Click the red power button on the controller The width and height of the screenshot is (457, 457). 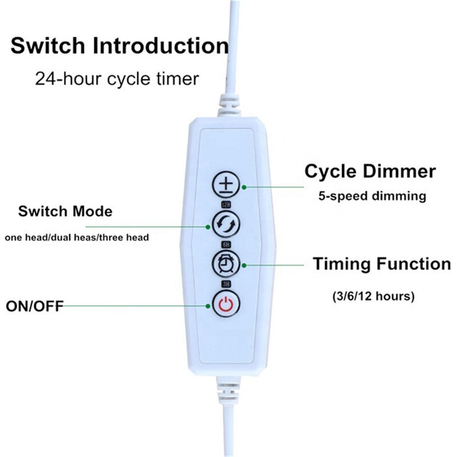click(x=226, y=304)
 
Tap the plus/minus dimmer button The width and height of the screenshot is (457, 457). click(x=226, y=185)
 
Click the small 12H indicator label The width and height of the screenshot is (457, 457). click(x=226, y=204)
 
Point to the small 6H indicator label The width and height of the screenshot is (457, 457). click(x=226, y=244)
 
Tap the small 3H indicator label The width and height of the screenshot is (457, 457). click(x=226, y=283)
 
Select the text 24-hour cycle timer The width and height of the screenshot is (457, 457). click(x=117, y=78)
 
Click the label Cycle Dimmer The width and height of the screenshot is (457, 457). click(x=370, y=171)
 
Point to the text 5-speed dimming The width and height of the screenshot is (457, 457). click(x=372, y=196)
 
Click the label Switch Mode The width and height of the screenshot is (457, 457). click(x=65, y=211)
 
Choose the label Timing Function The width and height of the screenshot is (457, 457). click(x=381, y=264)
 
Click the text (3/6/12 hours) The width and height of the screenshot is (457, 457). click(x=373, y=297)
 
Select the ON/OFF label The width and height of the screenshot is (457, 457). click(x=34, y=306)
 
